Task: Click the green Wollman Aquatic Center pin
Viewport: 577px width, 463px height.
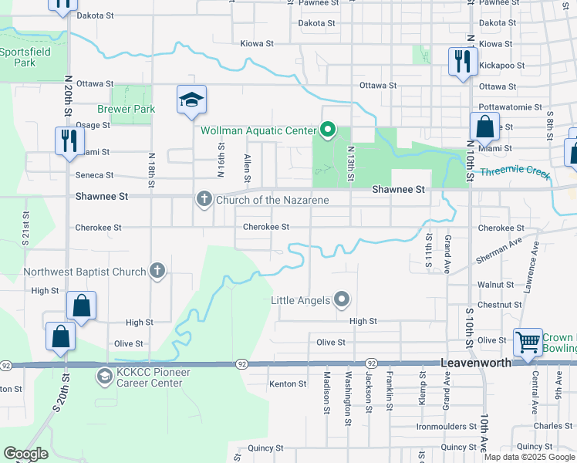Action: click(327, 130)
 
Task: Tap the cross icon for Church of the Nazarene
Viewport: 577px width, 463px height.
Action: click(204, 200)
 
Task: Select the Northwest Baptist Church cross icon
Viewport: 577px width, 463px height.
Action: click(157, 271)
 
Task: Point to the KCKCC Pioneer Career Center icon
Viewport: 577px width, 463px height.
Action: click(104, 376)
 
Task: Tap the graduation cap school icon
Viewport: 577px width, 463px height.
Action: click(191, 100)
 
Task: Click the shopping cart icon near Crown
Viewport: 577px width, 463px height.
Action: click(528, 340)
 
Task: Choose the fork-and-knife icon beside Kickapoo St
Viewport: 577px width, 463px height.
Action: click(461, 61)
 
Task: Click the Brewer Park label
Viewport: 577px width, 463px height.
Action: click(126, 109)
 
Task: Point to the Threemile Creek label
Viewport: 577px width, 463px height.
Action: click(515, 174)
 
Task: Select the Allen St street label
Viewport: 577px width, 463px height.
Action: click(247, 169)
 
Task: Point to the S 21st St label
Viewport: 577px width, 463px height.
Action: click(25, 229)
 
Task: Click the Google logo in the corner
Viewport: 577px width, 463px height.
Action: click(25, 454)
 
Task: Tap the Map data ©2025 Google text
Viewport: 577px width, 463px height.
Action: click(528, 457)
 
